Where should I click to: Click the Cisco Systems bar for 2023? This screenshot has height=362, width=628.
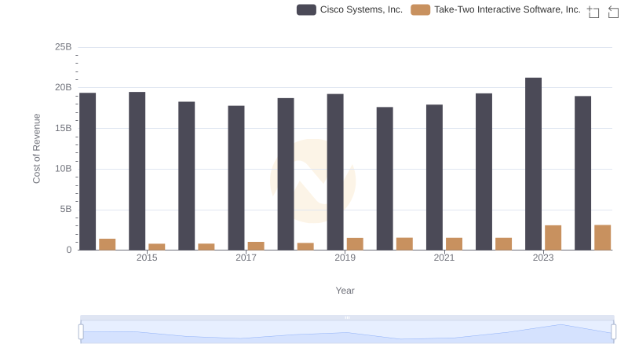(x=533, y=164)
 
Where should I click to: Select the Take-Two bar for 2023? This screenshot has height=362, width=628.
(x=553, y=238)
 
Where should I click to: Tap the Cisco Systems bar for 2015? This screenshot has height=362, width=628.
(x=137, y=171)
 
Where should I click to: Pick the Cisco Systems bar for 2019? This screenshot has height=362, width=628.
(x=335, y=172)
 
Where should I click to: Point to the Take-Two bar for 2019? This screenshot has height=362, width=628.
(x=355, y=244)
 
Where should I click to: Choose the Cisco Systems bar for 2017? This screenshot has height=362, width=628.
(x=236, y=178)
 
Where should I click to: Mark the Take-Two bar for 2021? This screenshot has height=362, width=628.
(x=454, y=244)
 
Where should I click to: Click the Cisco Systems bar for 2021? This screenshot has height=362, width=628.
(x=434, y=177)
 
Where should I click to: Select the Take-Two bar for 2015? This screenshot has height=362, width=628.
(x=156, y=247)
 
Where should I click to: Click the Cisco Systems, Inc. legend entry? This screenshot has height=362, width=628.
(x=350, y=9)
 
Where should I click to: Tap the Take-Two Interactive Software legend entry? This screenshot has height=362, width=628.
(x=496, y=9)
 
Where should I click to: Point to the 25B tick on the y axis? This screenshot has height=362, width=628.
(x=63, y=47)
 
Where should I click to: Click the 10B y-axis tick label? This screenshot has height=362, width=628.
(x=63, y=169)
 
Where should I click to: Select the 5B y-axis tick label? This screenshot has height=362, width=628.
(x=65, y=210)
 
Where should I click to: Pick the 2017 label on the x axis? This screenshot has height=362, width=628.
(x=246, y=258)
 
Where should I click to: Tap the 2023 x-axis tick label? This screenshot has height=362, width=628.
(x=543, y=258)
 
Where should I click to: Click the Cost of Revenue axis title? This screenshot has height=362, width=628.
(x=36, y=148)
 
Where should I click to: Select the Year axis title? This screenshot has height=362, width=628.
(x=345, y=291)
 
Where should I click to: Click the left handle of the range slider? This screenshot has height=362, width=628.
(x=81, y=331)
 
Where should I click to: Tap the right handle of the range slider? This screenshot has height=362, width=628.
(x=614, y=331)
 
